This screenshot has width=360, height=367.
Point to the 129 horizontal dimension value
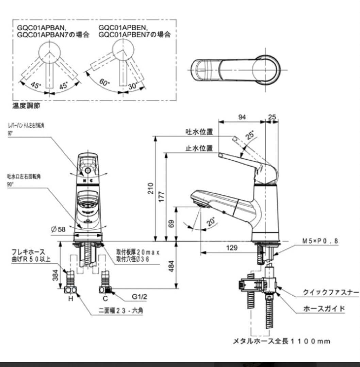[232, 248]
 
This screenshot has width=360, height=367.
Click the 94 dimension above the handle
[242, 117]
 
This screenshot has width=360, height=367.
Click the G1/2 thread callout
[140, 297]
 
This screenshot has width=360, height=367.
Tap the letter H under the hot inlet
[71, 299]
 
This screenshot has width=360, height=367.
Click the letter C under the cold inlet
[105, 299]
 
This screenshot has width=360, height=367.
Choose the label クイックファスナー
[330, 292]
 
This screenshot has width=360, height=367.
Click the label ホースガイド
[324, 309]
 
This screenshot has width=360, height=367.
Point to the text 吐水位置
[199, 132]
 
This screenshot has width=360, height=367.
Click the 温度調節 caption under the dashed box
[26, 106]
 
